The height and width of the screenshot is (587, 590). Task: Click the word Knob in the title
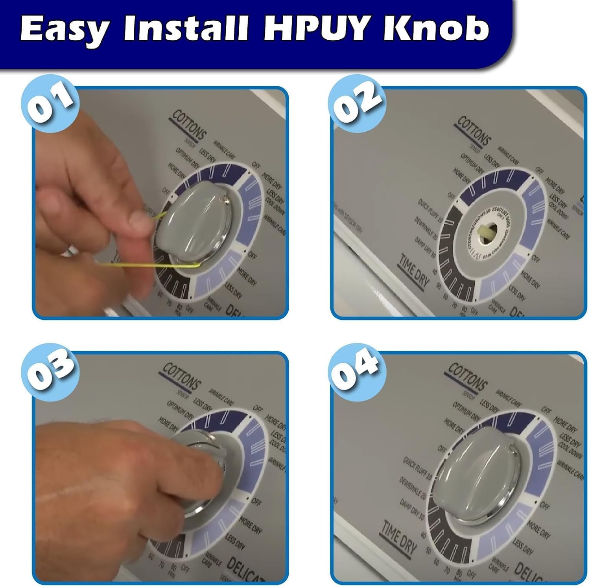point(437,28)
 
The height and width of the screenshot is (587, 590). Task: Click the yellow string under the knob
point(149,265)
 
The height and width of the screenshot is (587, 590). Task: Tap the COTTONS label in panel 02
point(474,131)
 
